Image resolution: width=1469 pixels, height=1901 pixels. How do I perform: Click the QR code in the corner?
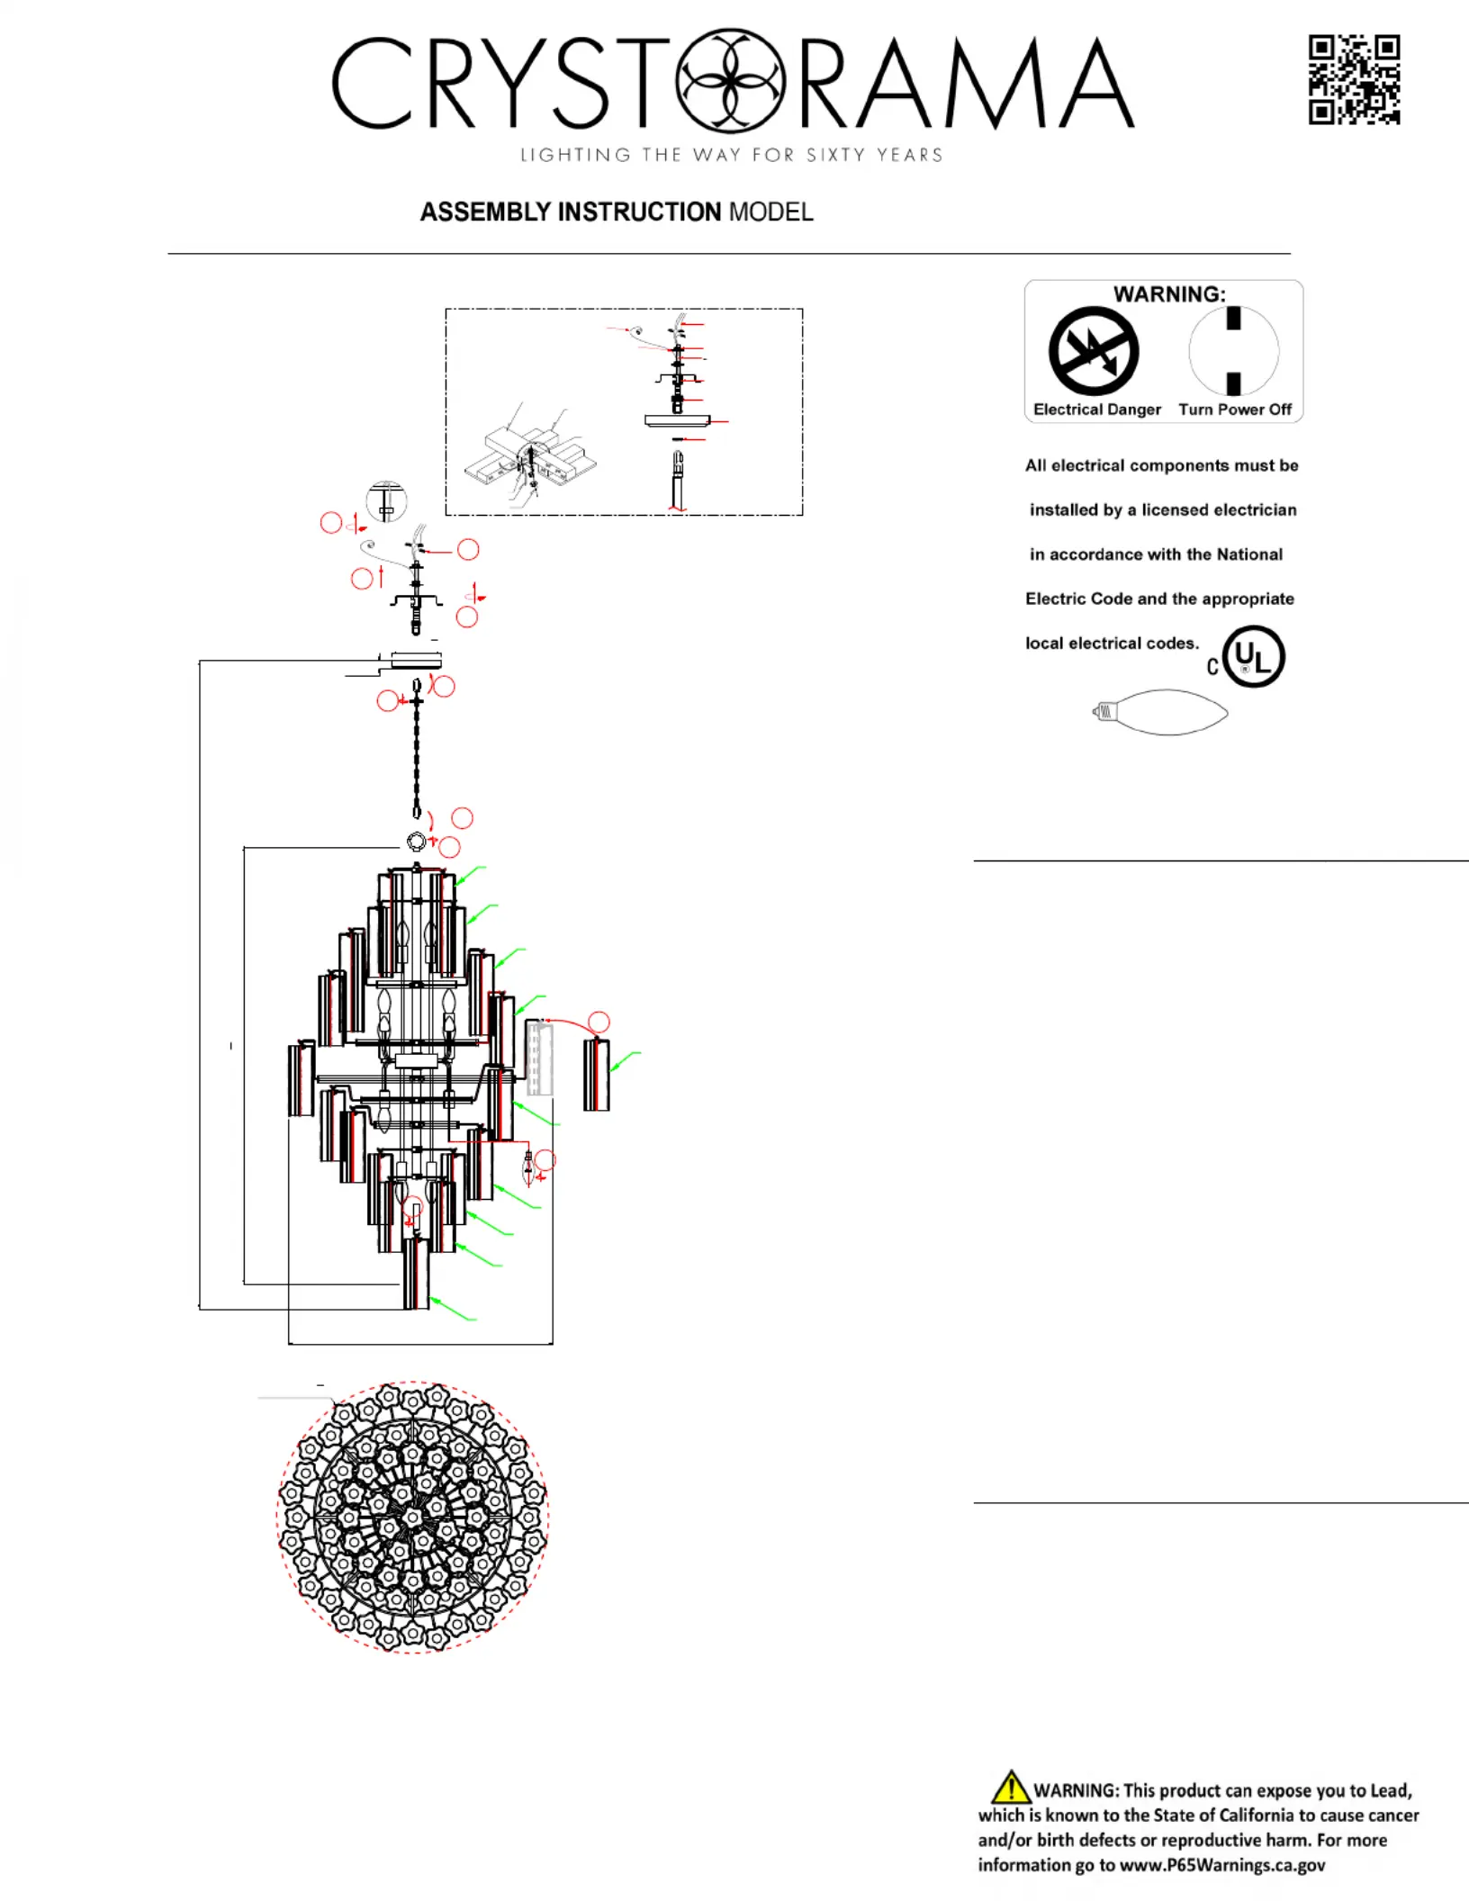click(1354, 79)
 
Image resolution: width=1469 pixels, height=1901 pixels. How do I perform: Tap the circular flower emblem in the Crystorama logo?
click(730, 80)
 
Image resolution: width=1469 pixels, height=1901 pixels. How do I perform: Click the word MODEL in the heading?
click(771, 212)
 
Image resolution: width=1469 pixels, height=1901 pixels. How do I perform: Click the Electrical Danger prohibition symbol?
click(1094, 351)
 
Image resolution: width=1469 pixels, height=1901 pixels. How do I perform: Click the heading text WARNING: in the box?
click(1169, 294)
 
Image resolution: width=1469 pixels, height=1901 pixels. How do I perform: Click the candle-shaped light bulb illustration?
click(1159, 712)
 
